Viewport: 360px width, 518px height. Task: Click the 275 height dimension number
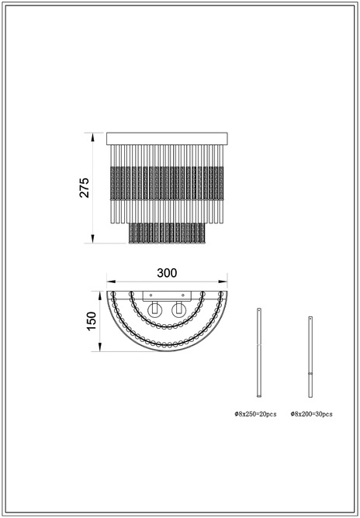(x=85, y=188)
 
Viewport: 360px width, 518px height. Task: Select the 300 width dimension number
(x=167, y=273)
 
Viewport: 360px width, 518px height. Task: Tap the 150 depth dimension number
(x=91, y=321)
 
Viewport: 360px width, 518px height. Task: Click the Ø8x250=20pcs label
(x=255, y=414)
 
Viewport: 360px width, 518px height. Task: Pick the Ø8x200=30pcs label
(x=312, y=414)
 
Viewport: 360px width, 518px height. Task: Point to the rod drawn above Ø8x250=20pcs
(x=259, y=353)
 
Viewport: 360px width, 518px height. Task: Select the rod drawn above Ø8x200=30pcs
(x=310, y=357)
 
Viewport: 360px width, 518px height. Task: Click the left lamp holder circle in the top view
(x=154, y=309)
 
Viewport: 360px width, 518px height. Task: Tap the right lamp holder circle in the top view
(x=179, y=309)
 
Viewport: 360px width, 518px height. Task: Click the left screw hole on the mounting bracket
(x=151, y=295)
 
